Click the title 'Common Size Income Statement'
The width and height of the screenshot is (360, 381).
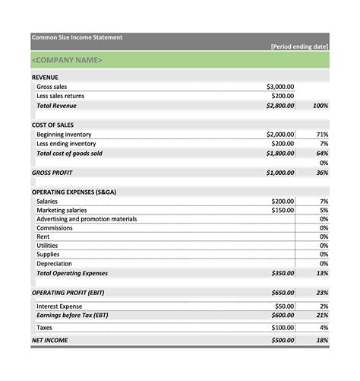coord(76,37)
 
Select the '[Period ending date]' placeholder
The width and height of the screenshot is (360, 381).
coord(299,46)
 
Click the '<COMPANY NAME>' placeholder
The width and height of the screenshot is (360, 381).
coord(67,60)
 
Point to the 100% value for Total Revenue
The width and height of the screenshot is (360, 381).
coord(320,106)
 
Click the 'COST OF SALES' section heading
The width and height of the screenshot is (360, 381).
coord(52,125)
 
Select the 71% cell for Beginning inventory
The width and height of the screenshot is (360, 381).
coord(322,134)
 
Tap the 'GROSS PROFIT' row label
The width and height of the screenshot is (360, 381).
coord(52,173)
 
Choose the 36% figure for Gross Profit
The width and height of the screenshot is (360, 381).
coord(322,173)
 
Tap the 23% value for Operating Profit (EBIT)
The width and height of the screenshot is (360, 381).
coord(322,292)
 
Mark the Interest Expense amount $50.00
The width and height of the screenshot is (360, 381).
coord(284,306)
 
